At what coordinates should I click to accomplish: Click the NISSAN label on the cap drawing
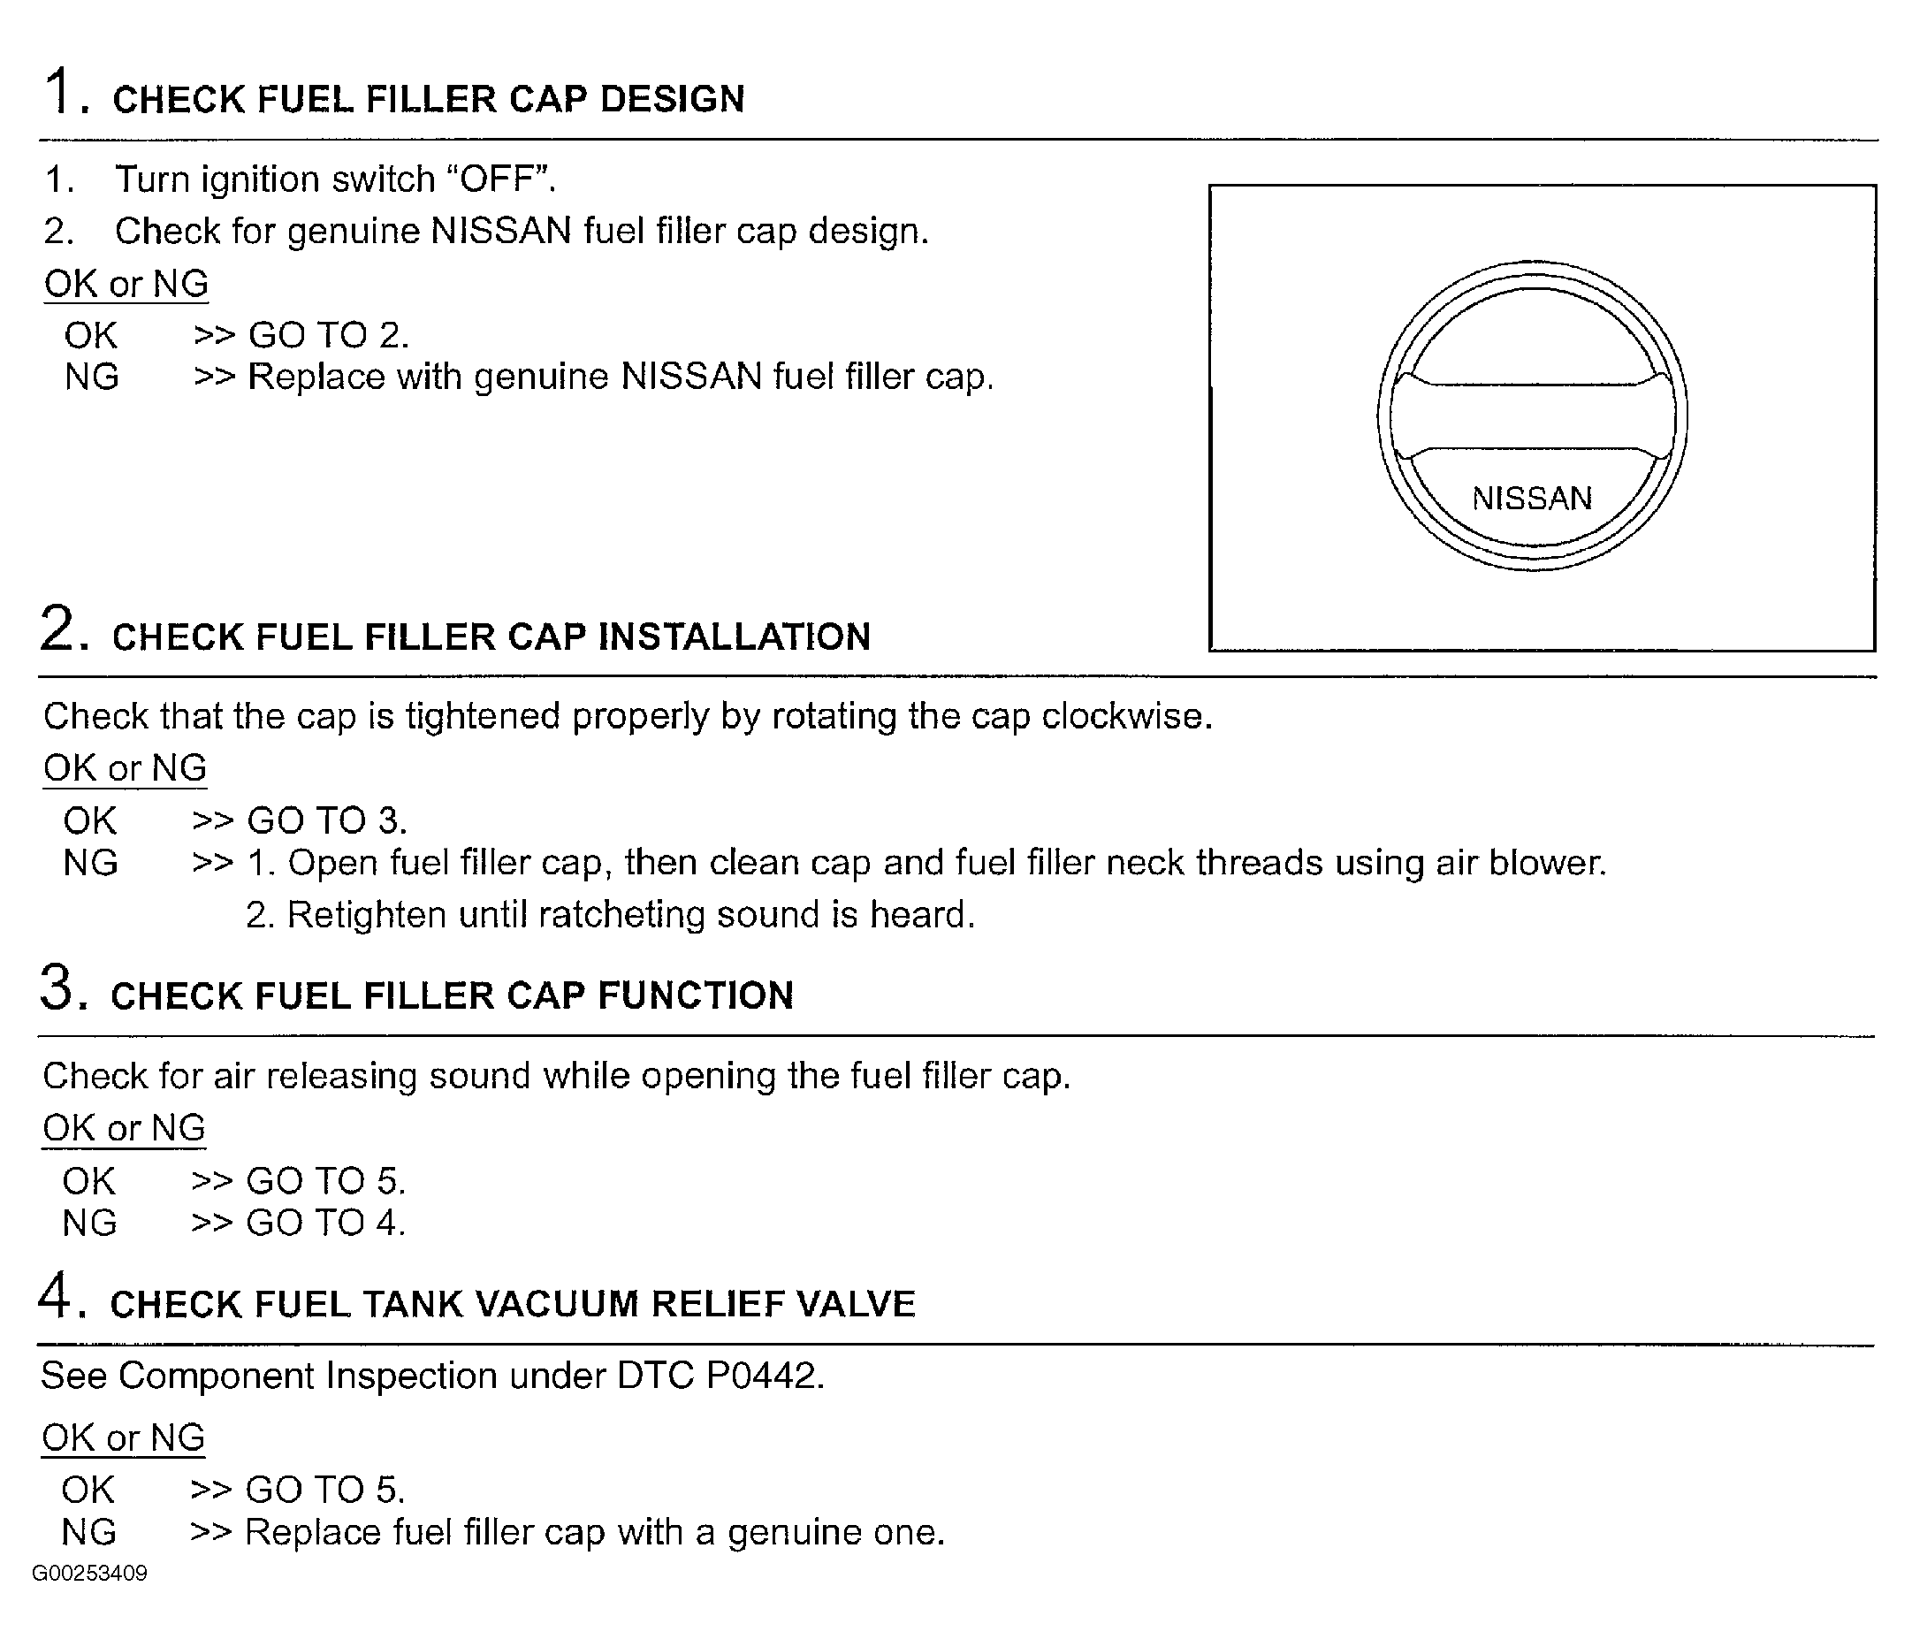pyautogui.click(x=1532, y=499)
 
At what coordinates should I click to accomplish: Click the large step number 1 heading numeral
pyautogui.click(x=60, y=91)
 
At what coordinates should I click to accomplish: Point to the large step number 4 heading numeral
pyautogui.click(x=57, y=1296)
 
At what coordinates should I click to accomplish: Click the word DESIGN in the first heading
pyautogui.click(x=672, y=99)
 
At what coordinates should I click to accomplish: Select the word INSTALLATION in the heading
pyautogui.click(x=735, y=637)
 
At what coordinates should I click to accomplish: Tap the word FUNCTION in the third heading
pyautogui.click(x=696, y=995)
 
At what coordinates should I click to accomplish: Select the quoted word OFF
pyautogui.click(x=499, y=179)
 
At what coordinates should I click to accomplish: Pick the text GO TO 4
pyautogui.click(x=324, y=1223)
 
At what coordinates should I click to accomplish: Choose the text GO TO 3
pyautogui.click(x=326, y=820)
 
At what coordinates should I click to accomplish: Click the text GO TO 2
pyautogui.click(x=328, y=335)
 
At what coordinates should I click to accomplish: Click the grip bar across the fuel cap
pyautogui.click(x=1532, y=417)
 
